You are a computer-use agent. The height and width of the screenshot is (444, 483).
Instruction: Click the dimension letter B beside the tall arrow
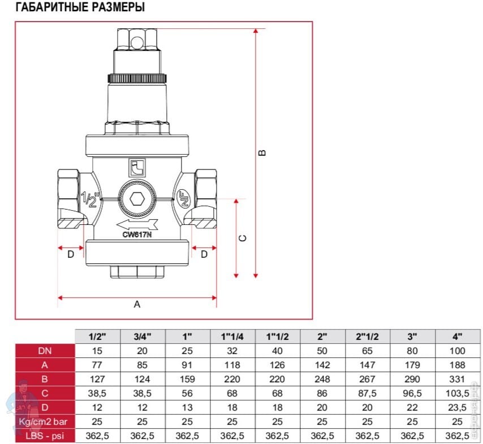pos(261,153)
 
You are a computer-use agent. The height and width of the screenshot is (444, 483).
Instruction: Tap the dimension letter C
pos(243,238)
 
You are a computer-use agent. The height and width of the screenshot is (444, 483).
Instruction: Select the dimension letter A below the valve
pos(136,304)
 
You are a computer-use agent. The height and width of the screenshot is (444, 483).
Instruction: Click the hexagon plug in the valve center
pos(136,199)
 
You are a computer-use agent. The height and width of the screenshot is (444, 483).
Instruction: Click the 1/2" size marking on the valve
pos(89,199)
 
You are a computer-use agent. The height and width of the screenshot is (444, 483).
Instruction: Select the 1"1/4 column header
pos(232,336)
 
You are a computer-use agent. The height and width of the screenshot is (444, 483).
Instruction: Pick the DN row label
pos(44,351)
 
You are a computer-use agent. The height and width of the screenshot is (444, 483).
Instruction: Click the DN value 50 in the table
pos(322,351)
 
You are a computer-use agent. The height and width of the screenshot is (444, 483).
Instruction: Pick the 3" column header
pos(412,336)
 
